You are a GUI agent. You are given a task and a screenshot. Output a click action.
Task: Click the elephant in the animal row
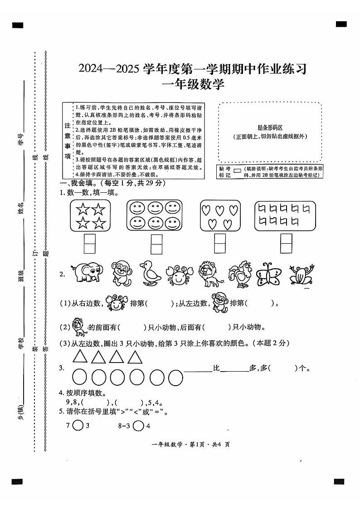86,274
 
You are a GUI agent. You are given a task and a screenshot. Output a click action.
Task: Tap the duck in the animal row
148,274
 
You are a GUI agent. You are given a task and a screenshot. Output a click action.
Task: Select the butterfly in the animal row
268,275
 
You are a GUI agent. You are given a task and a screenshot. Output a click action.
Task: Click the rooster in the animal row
239,275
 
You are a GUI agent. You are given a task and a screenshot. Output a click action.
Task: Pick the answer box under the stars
90,243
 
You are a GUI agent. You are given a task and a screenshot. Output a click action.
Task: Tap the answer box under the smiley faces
156,244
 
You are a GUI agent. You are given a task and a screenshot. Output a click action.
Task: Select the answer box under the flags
286,243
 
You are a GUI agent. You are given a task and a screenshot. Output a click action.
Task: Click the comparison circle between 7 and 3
78,426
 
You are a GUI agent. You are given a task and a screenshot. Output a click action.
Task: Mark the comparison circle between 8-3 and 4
139,426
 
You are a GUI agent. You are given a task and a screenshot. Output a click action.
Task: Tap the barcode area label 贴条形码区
270,128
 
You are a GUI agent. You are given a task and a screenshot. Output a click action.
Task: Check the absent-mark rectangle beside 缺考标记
237,171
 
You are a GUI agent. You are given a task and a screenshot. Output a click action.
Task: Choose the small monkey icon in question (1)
220,303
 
